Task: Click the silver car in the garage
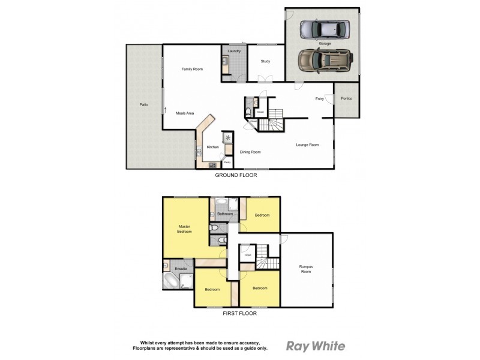(323, 28)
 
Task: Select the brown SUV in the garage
(325, 60)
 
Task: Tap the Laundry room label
(234, 51)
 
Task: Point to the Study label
(265, 61)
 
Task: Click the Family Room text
(192, 70)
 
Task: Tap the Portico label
(346, 98)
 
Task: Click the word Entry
(319, 99)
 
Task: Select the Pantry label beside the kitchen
(227, 162)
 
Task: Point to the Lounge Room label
(307, 145)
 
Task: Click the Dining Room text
(250, 152)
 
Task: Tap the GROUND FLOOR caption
(236, 176)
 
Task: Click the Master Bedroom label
(184, 229)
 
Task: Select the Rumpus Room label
(306, 269)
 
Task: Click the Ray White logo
(316, 346)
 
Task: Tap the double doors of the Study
(264, 79)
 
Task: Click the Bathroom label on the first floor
(225, 214)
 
